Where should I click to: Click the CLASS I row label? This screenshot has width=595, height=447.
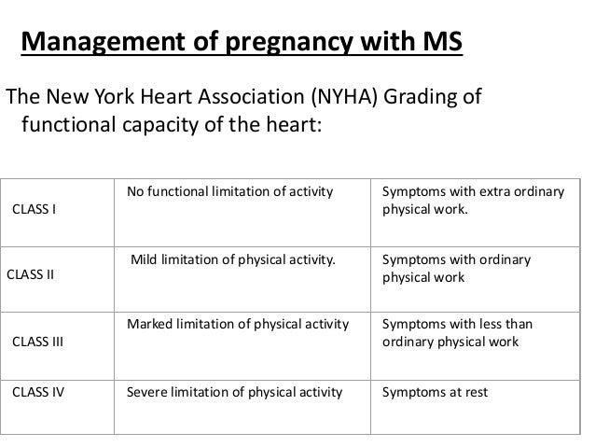tap(33, 207)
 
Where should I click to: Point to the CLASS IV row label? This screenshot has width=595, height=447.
tap(37, 392)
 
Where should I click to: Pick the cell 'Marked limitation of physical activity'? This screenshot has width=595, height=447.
tap(238, 325)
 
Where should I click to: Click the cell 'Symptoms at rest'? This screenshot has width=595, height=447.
tap(435, 392)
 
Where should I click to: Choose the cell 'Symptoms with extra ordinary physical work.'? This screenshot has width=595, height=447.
tap(473, 201)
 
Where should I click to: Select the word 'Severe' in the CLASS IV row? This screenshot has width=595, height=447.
tap(145, 392)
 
